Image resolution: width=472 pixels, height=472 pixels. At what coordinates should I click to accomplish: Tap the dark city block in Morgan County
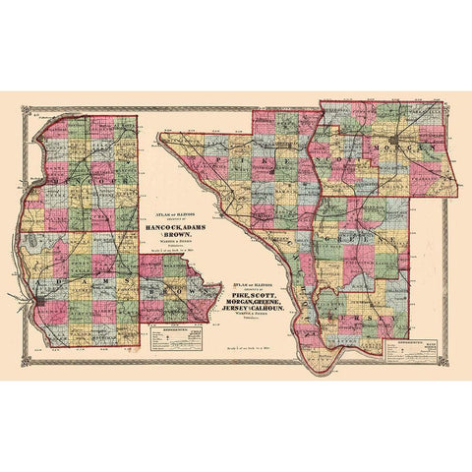click(x=394, y=142)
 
